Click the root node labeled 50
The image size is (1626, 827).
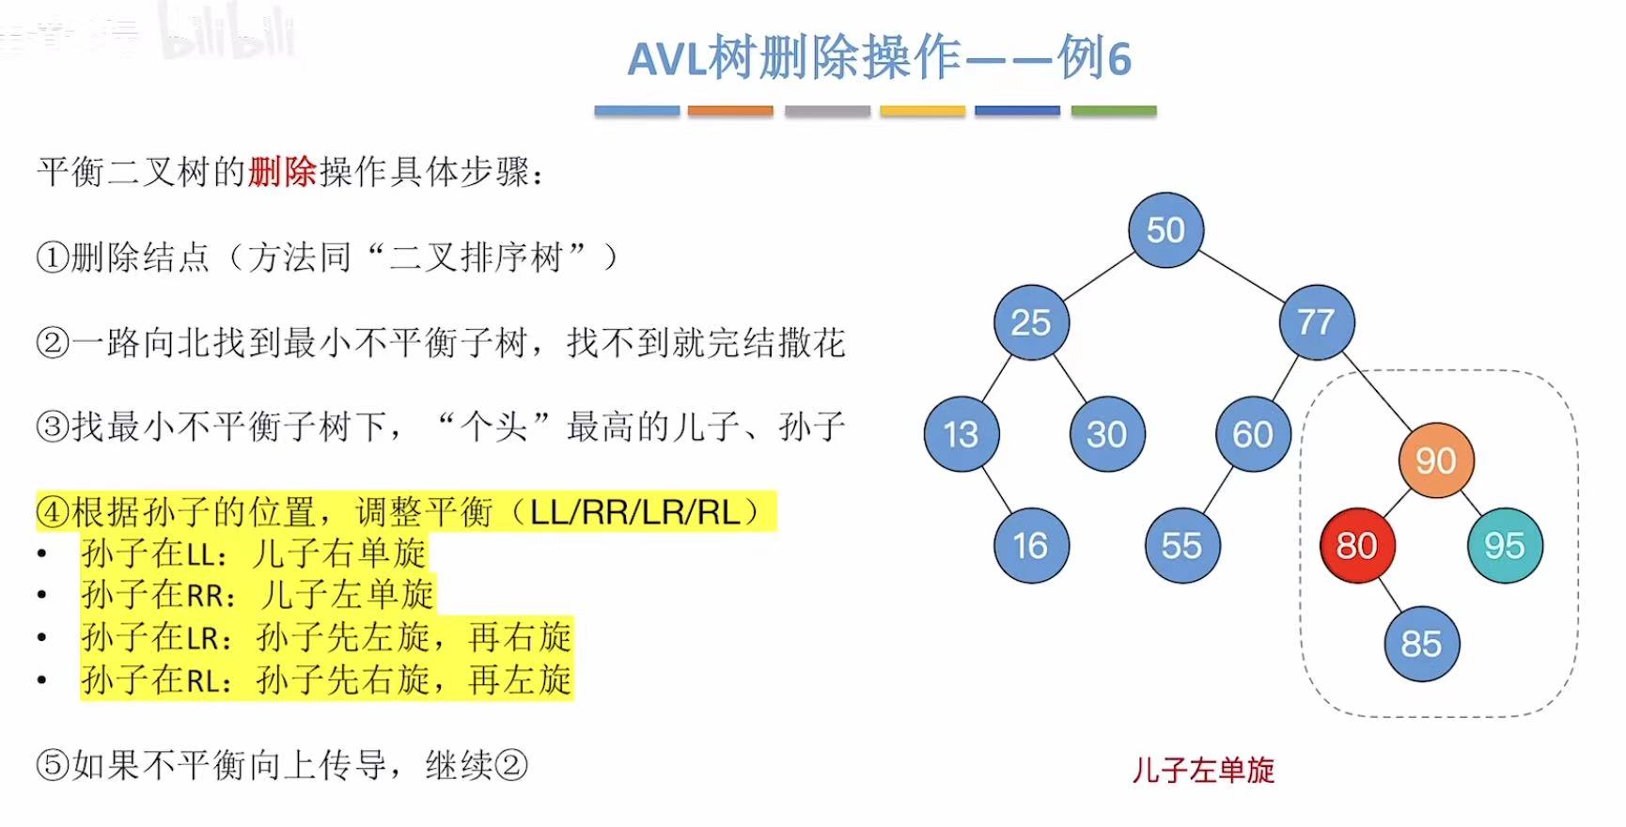[1165, 230]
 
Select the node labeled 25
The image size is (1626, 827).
[1031, 322]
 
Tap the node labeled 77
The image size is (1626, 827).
[1317, 322]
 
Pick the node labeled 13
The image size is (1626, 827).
[961, 434]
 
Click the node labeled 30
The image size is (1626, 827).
[1107, 434]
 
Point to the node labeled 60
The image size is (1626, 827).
[1253, 434]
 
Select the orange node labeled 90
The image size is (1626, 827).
[1435, 460]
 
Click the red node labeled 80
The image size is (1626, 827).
[1356, 545]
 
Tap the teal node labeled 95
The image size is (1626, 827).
[1504, 545]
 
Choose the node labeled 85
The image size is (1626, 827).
[1421, 644]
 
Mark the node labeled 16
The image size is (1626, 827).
[1031, 545]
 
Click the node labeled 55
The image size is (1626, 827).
[1182, 545]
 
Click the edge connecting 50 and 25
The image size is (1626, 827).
[1099, 276]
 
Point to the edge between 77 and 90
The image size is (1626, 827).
[1377, 393]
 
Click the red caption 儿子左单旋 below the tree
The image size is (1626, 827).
[1203, 771]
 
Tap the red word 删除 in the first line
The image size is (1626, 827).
[282, 172]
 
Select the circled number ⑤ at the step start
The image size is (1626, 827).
[53, 765]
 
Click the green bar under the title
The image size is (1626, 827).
[1113, 111]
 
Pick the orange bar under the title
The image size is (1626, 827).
[730, 111]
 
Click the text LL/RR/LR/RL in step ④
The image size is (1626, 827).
[635, 512]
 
